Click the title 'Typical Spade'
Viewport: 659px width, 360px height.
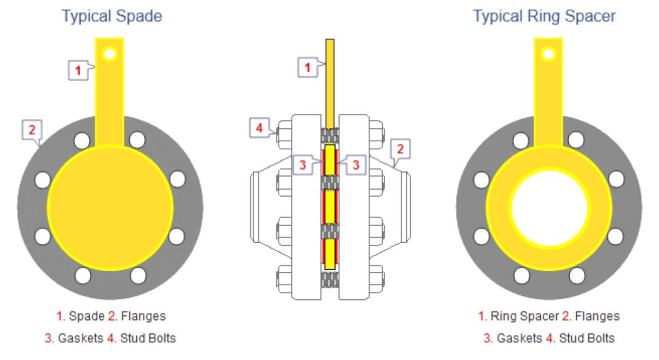click(x=112, y=16)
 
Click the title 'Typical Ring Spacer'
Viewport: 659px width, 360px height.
click(x=544, y=16)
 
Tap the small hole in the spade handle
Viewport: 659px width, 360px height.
click(x=110, y=53)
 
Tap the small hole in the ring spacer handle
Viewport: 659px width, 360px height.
click(x=549, y=53)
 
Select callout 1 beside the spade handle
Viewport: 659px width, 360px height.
click(x=78, y=70)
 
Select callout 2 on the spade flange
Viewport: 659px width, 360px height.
click(x=31, y=129)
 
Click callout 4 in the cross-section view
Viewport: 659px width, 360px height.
click(x=259, y=128)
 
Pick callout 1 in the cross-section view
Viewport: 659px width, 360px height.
click(x=307, y=67)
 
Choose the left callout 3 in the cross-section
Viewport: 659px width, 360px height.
click(x=302, y=165)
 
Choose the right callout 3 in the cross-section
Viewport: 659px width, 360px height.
click(x=356, y=165)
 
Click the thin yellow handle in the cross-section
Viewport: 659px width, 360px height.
click(x=330, y=80)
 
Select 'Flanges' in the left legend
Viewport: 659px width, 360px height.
click(x=143, y=316)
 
